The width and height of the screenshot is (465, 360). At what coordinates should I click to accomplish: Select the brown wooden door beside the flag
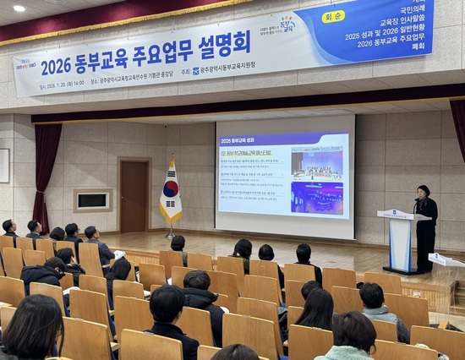point(134,196)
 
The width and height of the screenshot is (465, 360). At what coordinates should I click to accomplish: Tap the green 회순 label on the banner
point(333,16)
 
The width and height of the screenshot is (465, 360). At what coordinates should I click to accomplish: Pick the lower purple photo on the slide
point(317,198)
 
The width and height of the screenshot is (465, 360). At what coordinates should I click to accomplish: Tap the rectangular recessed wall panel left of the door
point(92,200)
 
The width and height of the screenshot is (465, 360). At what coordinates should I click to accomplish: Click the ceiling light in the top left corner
point(19,8)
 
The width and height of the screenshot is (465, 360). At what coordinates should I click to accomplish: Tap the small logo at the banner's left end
point(25,63)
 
